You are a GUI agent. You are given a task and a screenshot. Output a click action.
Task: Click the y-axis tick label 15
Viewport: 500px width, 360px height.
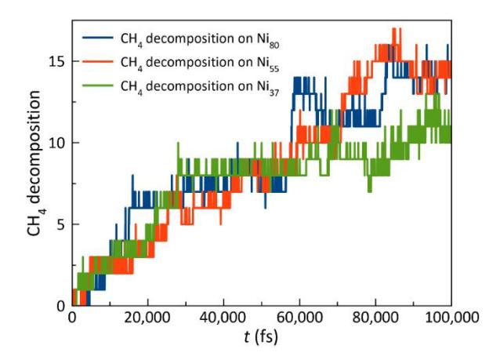click(x=56, y=61)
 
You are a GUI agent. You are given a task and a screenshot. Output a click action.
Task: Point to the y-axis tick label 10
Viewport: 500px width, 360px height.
click(x=56, y=143)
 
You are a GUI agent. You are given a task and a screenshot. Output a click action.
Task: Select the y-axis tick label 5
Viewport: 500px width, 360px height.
click(x=60, y=224)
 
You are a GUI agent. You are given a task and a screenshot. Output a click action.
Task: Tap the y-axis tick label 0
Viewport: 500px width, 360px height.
click(x=60, y=306)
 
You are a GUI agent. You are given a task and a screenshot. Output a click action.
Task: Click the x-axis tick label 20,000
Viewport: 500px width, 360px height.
click(x=147, y=318)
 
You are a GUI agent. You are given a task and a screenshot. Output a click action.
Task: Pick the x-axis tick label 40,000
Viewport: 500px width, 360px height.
click(x=223, y=318)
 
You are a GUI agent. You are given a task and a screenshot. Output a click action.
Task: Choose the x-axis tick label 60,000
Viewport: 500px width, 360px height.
click(x=299, y=318)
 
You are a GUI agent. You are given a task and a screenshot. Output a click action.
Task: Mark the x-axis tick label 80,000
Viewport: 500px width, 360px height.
click(x=375, y=318)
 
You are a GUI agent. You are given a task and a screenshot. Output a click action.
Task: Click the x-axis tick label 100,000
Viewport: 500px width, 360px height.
click(x=452, y=318)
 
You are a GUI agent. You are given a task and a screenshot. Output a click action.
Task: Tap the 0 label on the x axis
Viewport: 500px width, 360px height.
click(x=72, y=318)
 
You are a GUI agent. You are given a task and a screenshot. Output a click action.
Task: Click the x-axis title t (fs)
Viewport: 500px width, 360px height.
click(x=261, y=337)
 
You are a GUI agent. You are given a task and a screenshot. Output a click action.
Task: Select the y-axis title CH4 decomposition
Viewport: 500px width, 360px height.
click(x=34, y=163)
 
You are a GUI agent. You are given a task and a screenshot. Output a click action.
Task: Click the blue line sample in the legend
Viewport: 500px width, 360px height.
click(x=98, y=38)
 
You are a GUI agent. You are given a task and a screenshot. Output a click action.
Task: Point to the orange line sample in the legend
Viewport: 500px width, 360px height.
click(x=98, y=62)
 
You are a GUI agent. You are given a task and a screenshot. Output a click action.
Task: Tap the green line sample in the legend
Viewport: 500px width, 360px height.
click(x=98, y=85)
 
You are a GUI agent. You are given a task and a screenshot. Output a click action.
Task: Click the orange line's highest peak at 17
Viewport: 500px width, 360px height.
click(x=394, y=29)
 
